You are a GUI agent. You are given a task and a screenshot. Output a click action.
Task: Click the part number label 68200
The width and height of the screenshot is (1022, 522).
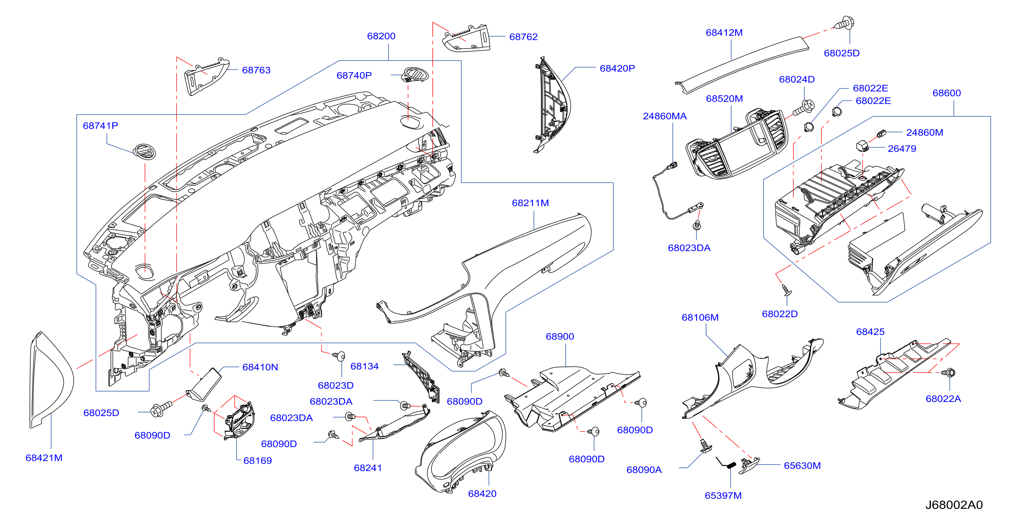(381, 36)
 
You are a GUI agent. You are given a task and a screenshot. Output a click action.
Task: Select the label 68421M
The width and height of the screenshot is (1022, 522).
(44, 458)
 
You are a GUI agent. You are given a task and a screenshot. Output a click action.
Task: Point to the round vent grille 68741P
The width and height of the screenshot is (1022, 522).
(144, 152)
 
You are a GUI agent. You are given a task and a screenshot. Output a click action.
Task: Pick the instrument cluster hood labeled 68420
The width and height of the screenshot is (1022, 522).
(460, 452)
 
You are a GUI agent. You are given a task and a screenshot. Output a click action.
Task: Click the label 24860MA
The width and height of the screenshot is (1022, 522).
(664, 116)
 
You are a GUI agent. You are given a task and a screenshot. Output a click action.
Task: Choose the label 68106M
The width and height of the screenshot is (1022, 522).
(700, 317)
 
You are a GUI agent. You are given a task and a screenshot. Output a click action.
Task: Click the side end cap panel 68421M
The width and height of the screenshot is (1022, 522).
(52, 380)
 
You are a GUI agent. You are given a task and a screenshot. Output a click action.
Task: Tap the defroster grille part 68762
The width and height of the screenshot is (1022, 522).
(467, 38)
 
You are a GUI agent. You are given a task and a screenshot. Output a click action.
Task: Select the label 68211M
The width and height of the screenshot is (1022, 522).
(530, 203)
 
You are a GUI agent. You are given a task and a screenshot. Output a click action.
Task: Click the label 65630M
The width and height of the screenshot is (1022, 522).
(802, 465)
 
